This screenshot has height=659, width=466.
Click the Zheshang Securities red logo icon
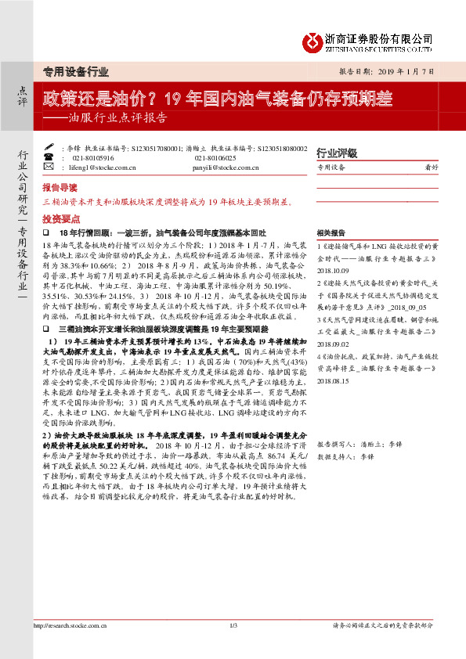point(312,38)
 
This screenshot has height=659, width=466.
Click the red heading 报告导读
point(60,189)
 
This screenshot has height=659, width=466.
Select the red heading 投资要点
point(60,219)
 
